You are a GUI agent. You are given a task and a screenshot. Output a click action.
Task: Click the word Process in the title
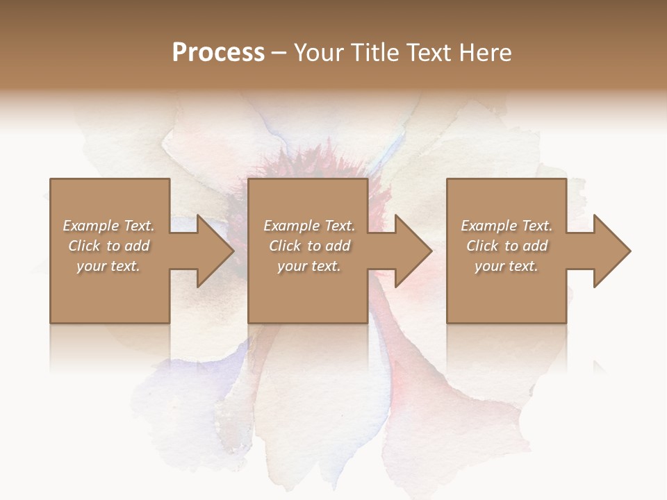218,53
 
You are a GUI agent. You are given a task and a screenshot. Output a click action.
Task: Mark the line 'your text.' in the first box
108,266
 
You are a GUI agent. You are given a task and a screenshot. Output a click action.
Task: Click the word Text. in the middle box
338,226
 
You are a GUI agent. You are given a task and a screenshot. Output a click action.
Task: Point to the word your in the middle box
292,266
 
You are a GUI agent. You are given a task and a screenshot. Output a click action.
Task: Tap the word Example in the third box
488,226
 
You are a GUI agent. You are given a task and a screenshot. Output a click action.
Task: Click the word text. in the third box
523,266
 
